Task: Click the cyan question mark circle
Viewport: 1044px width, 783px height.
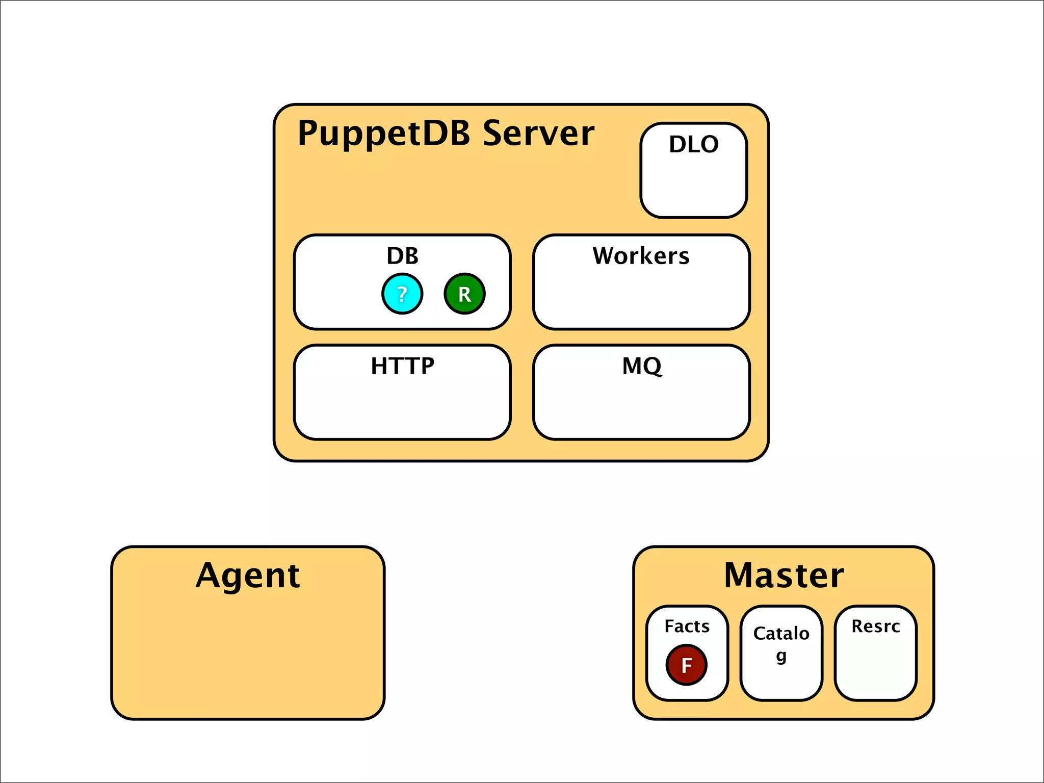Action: point(402,294)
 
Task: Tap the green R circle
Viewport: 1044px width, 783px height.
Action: point(464,294)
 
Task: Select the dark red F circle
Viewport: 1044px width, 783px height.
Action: point(686,665)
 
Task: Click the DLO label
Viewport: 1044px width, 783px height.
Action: point(694,144)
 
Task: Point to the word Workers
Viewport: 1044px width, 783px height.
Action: point(641,256)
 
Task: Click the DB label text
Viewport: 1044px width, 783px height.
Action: point(402,256)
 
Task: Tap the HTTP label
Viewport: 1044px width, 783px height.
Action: point(402,366)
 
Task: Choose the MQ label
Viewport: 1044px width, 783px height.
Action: point(642,366)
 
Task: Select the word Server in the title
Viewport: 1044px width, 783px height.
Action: point(538,133)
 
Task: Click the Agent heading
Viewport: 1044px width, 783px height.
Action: point(248,576)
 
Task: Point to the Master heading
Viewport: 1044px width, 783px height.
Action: point(784,576)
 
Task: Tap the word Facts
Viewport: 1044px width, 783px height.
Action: point(687,626)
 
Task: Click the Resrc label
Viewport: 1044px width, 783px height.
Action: point(875,626)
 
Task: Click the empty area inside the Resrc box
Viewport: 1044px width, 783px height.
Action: point(875,670)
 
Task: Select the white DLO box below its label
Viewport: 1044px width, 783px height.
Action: point(694,186)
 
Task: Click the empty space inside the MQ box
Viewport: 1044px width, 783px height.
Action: point(642,408)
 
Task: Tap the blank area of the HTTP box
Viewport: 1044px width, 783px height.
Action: point(402,408)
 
